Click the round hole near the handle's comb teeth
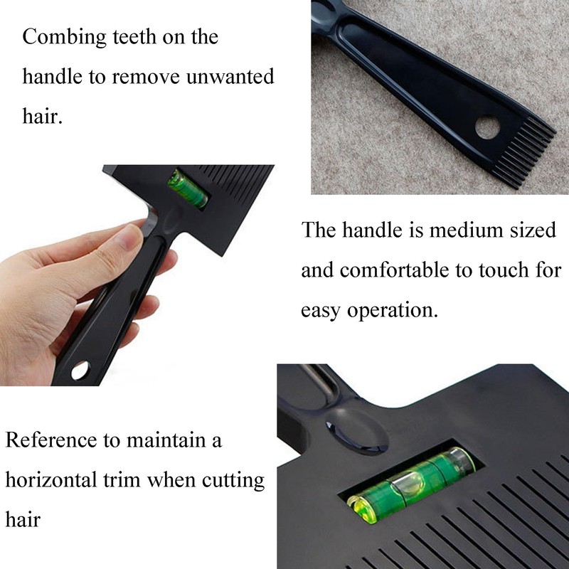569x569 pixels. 487,128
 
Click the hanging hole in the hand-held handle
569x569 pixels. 80,370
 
